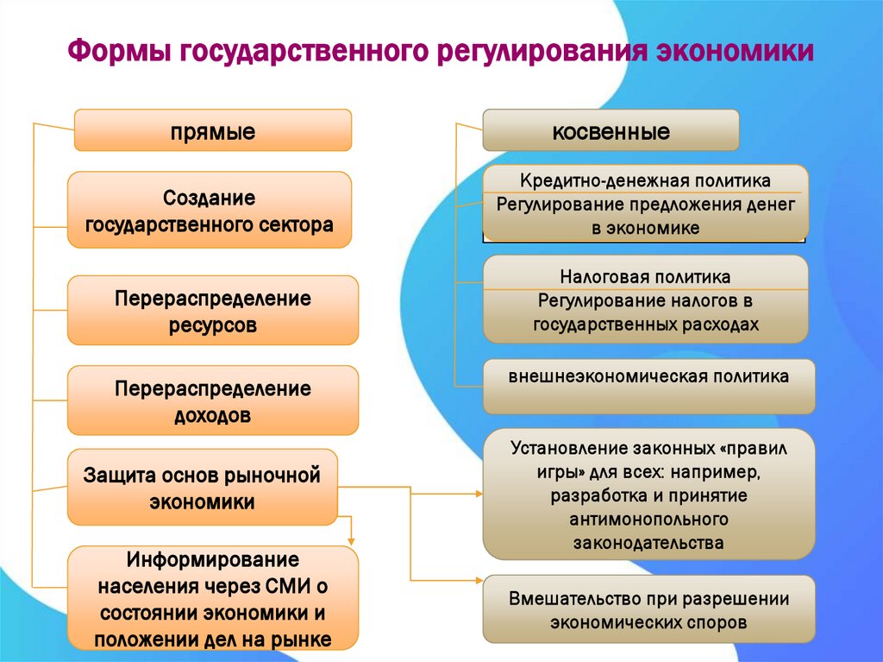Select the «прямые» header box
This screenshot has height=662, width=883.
pyautogui.click(x=213, y=130)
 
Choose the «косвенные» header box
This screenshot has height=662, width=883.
pyautogui.click(x=611, y=131)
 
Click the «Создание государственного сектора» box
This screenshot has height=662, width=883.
pyautogui.click(x=210, y=211)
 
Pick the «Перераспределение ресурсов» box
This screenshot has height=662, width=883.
pyautogui.click(x=213, y=311)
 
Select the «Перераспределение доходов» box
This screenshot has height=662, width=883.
pyautogui.click(x=213, y=400)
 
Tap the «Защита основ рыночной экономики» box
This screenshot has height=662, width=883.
pyautogui.click(x=202, y=488)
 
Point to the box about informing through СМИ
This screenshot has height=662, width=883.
pyautogui.click(x=213, y=598)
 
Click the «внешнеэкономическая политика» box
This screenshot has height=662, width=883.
pyautogui.click(x=648, y=378)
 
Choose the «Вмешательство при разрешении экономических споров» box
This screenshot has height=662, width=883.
pyautogui.click(x=648, y=609)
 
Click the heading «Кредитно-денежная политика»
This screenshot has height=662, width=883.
pyautogui.click(x=645, y=180)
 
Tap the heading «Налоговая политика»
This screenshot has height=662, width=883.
pyautogui.click(x=645, y=277)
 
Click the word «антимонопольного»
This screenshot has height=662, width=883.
pyautogui.click(x=648, y=520)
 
